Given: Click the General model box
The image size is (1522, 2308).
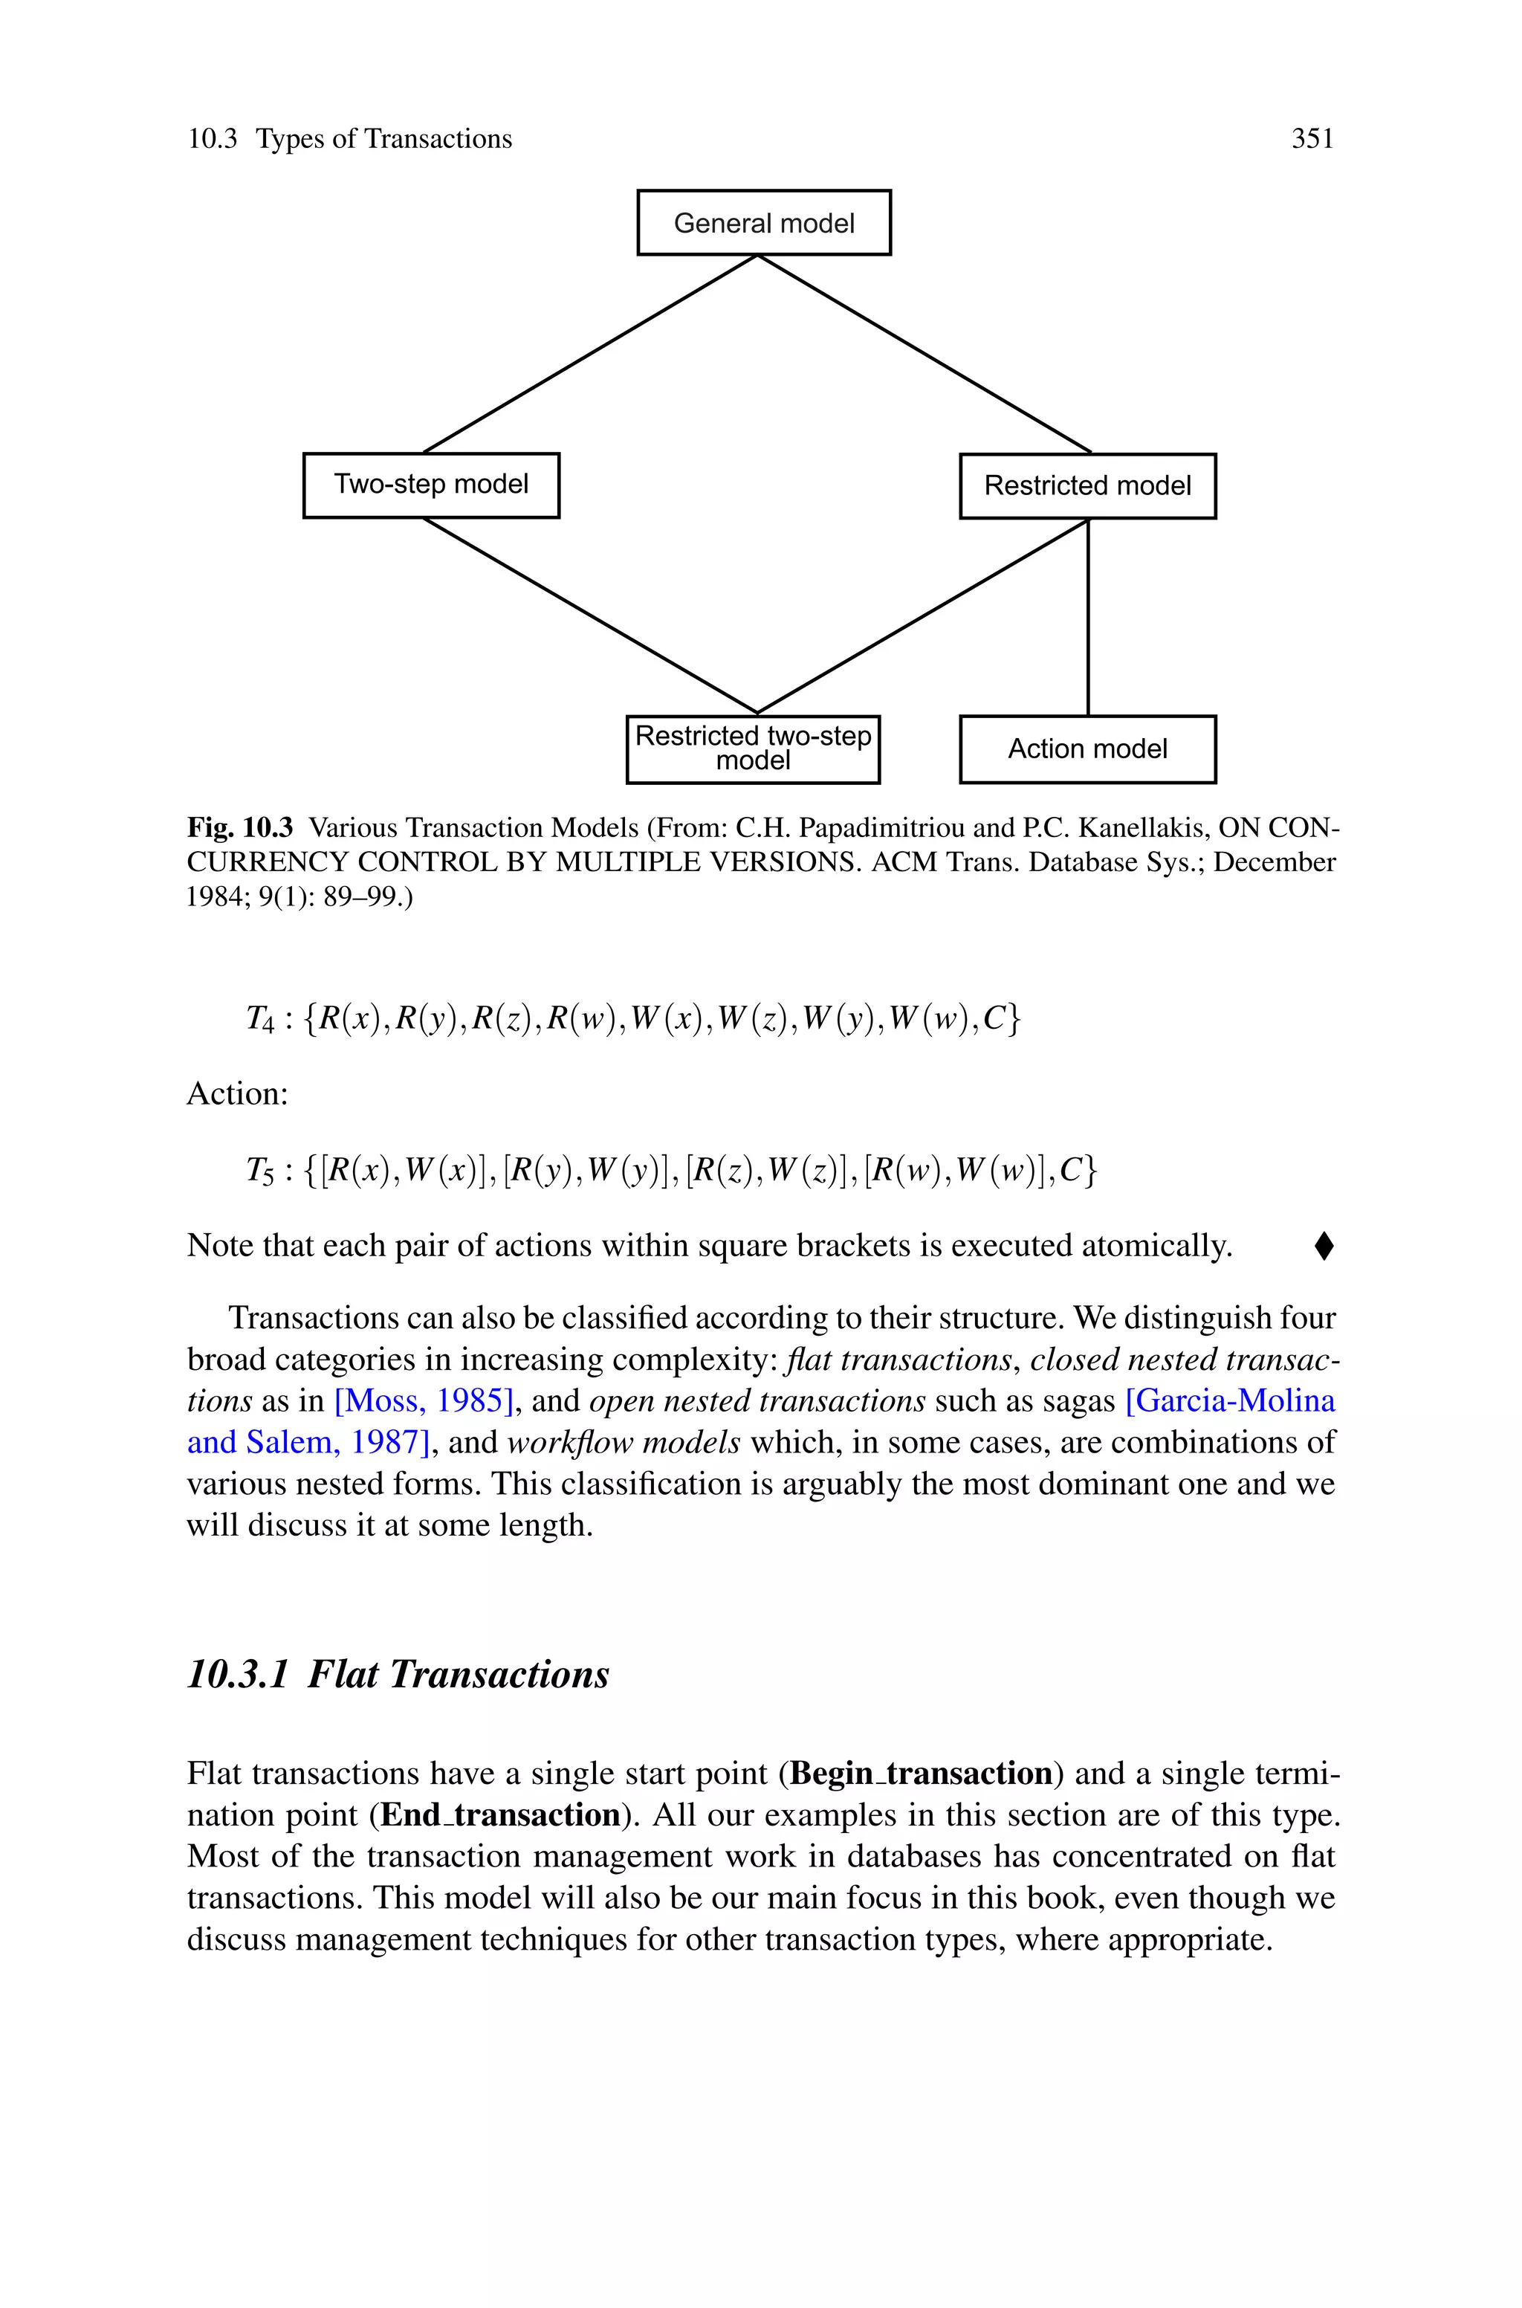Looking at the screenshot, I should [764, 223].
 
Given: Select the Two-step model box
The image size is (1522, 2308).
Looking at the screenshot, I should [431, 485].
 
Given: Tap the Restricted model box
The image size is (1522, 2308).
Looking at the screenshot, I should [1087, 485].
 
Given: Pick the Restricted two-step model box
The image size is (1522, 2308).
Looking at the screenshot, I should [754, 749].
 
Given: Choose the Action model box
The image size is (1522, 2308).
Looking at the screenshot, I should [1087, 749].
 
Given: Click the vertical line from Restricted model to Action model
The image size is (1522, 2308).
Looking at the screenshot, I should [1088, 617].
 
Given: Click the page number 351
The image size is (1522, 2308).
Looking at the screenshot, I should [1312, 139].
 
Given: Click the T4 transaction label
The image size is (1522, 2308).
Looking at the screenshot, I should [260, 1018].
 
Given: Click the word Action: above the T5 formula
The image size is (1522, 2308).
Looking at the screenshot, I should [238, 1094].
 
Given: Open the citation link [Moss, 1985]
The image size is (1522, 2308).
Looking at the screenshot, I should [423, 1400].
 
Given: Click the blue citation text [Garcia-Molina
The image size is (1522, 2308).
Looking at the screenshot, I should [1230, 1400].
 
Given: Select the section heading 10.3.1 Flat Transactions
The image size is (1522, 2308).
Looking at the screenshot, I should [398, 1674].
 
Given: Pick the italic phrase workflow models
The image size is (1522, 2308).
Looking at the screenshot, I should [624, 1442].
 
